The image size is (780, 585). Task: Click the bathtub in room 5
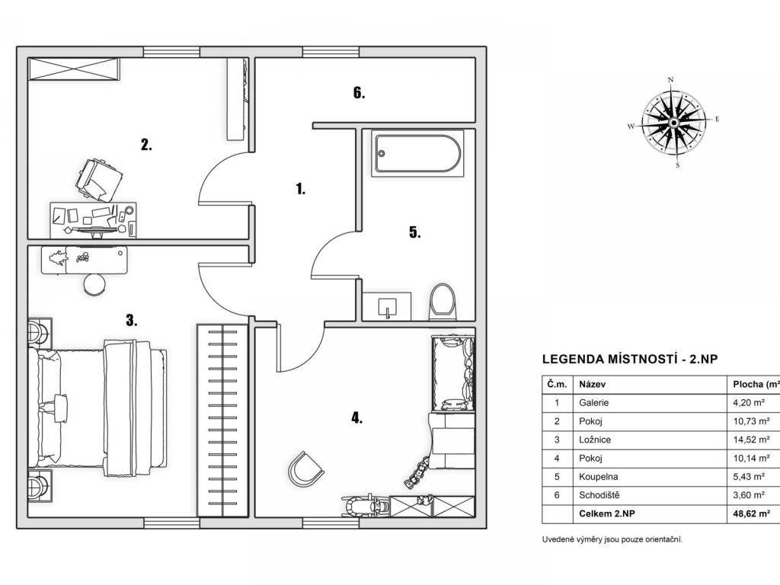click(418, 153)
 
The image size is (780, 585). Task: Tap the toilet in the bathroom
click(443, 302)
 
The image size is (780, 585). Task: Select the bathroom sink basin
click(387, 307)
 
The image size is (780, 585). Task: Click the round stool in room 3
click(94, 285)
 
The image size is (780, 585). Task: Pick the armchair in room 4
click(305, 469)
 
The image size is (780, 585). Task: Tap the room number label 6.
click(360, 92)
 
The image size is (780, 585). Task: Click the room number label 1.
click(300, 189)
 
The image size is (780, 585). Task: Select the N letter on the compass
click(670, 79)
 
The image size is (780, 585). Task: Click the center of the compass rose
click(673, 123)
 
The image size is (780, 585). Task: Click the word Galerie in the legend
click(594, 403)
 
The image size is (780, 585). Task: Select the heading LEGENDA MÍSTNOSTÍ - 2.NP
click(630, 360)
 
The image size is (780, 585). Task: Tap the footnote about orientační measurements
click(612, 539)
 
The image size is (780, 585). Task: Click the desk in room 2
click(93, 220)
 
